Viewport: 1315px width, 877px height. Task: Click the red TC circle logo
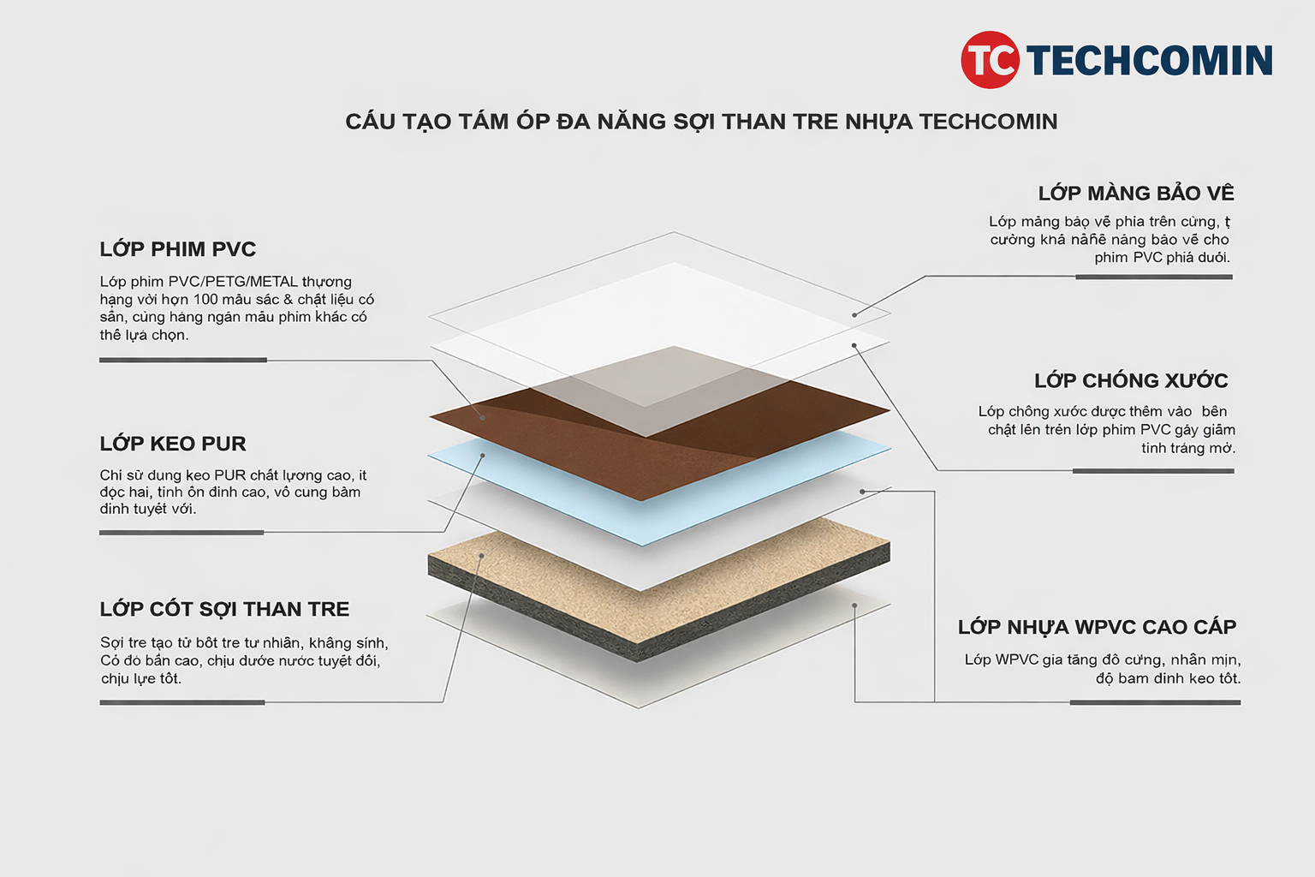990,60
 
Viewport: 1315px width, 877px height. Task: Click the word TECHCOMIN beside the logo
1149,61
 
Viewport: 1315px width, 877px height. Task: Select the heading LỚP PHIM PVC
178,249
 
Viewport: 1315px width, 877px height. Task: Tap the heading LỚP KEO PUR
173,444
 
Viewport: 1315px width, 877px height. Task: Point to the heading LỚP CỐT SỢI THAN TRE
224,609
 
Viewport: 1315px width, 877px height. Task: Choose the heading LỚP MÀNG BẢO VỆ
1136,194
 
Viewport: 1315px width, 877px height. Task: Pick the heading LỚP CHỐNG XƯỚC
1131,380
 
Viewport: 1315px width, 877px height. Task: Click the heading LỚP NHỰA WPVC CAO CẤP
1097,627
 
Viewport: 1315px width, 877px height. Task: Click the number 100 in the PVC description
205,300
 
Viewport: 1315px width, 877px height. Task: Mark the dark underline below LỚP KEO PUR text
181,533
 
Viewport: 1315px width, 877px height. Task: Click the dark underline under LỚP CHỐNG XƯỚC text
1152,471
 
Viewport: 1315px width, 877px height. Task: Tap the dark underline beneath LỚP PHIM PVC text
183,361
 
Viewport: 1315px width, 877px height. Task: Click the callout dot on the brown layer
483,418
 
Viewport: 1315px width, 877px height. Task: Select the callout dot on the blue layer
483,456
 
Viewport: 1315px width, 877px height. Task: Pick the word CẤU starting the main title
370,122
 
